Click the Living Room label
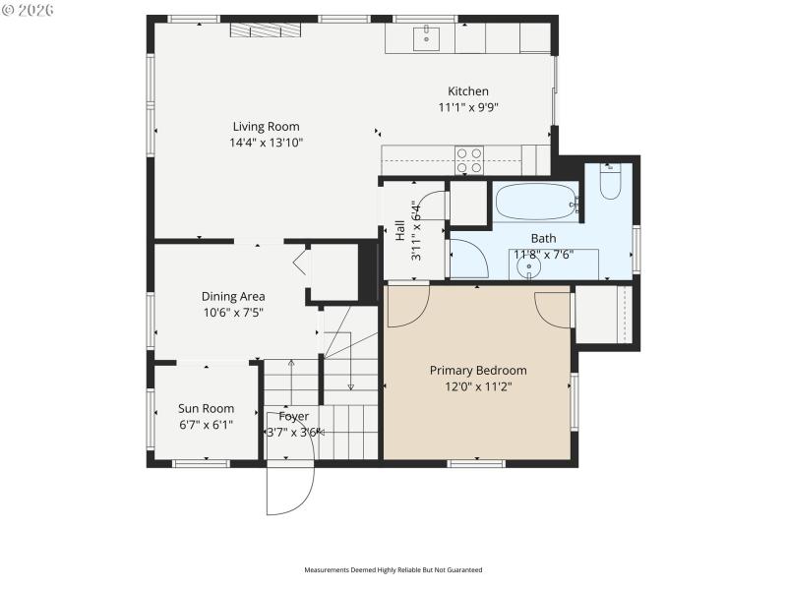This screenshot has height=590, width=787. [x=266, y=126]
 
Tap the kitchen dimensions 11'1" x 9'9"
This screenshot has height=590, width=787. [x=468, y=107]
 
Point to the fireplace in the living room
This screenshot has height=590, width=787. [x=269, y=30]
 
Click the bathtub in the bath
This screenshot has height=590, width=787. [x=536, y=205]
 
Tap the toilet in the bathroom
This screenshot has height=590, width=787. [x=610, y=183]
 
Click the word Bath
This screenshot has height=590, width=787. [x=543, y=238]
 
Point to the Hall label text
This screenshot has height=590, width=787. [x=400, y=231]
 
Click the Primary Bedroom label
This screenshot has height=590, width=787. [x=478, y=370]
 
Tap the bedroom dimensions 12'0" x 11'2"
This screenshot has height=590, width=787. [x=478, y=386]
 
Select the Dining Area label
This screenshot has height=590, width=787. [x=233, y=296]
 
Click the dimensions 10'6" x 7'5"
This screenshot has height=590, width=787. [x=233, y=313]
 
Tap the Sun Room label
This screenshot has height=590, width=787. [x=206, y=408]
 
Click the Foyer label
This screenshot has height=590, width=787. [x=293, y=416]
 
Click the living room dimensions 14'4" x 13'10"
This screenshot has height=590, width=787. [x=266, y=143]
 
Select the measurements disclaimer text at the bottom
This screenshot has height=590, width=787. [x=393, y=569]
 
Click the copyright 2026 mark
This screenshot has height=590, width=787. [x=29, y=10]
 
